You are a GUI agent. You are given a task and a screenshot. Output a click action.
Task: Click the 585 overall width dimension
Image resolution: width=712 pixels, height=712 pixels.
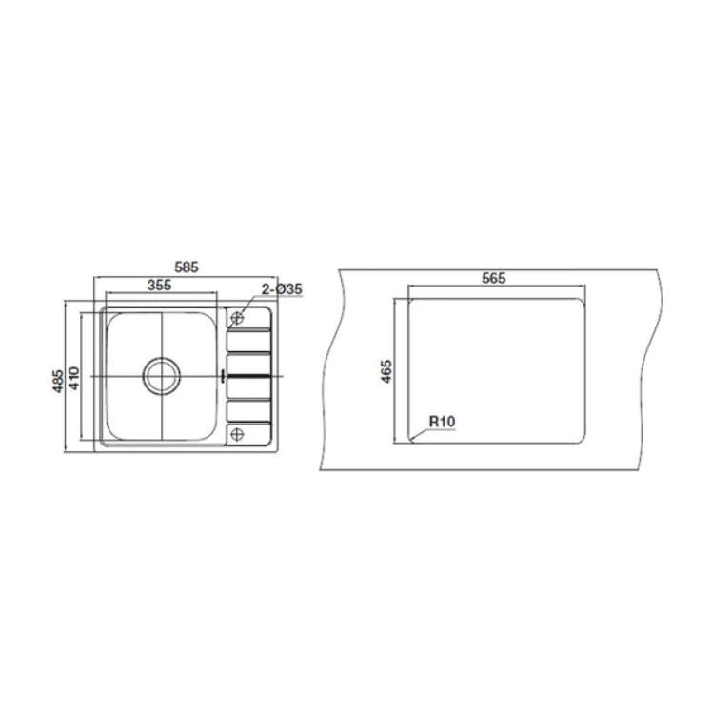(187, 267)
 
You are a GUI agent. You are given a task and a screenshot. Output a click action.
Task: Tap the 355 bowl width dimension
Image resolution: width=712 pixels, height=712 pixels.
(160, 285)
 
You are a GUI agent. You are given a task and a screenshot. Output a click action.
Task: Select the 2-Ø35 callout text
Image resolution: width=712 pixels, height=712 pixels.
(282, 289)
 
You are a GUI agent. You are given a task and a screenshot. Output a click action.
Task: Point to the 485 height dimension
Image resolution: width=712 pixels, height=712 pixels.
(59, 381)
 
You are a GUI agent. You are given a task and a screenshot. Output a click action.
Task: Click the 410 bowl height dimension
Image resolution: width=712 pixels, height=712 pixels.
(73, 378)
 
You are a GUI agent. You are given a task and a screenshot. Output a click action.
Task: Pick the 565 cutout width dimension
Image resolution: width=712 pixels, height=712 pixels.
(494, 278)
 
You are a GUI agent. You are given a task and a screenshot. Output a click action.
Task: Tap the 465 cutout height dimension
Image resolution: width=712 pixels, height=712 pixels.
(386, 371)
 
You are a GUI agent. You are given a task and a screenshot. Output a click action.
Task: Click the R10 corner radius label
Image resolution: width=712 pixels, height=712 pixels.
(442, 422)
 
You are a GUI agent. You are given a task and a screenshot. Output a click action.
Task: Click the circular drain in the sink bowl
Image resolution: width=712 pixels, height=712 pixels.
(162, 376)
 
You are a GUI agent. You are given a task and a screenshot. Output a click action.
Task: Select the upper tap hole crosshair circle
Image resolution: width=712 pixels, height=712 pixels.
(237, 317)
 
